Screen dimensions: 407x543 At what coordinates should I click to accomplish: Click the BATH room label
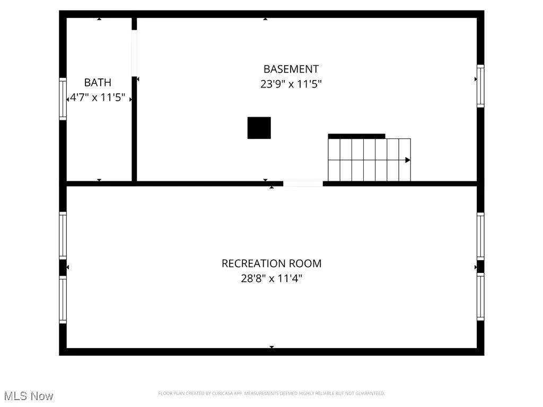(98, 82)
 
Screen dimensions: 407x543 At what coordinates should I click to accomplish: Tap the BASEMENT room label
(291, 69)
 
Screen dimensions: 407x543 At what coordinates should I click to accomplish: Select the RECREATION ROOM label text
(271, 263)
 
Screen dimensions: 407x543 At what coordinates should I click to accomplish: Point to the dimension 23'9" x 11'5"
(291, 84)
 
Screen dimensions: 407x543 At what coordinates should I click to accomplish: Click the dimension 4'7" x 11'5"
(98, 98)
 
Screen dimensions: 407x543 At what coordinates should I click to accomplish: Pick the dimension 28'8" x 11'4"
(271, 278)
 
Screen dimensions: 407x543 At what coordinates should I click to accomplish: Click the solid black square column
(259, 128)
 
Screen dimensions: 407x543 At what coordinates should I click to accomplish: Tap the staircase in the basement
(369, 160)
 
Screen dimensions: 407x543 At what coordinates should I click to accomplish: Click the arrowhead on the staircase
(408, 160)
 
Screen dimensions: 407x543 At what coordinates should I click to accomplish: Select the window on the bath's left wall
(63, 99)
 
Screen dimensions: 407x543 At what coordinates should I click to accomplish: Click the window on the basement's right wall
(480, 85)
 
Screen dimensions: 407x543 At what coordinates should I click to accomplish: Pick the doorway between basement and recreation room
(302, 184)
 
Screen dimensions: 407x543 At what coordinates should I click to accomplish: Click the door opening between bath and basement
(134, 53)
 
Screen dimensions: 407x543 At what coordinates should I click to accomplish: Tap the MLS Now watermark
(28, 396)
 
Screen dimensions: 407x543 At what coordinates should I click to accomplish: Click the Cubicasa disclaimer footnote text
(271, 393)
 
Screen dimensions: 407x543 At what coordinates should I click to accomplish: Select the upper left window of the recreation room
(63, 235)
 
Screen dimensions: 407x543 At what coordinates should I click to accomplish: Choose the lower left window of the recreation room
(63, 300)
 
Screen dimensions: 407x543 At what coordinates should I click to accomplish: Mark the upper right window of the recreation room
(480, 235)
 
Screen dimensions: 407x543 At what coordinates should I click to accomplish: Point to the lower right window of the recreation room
(480, 297)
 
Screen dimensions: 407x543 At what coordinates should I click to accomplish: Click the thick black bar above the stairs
(356, 136)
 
